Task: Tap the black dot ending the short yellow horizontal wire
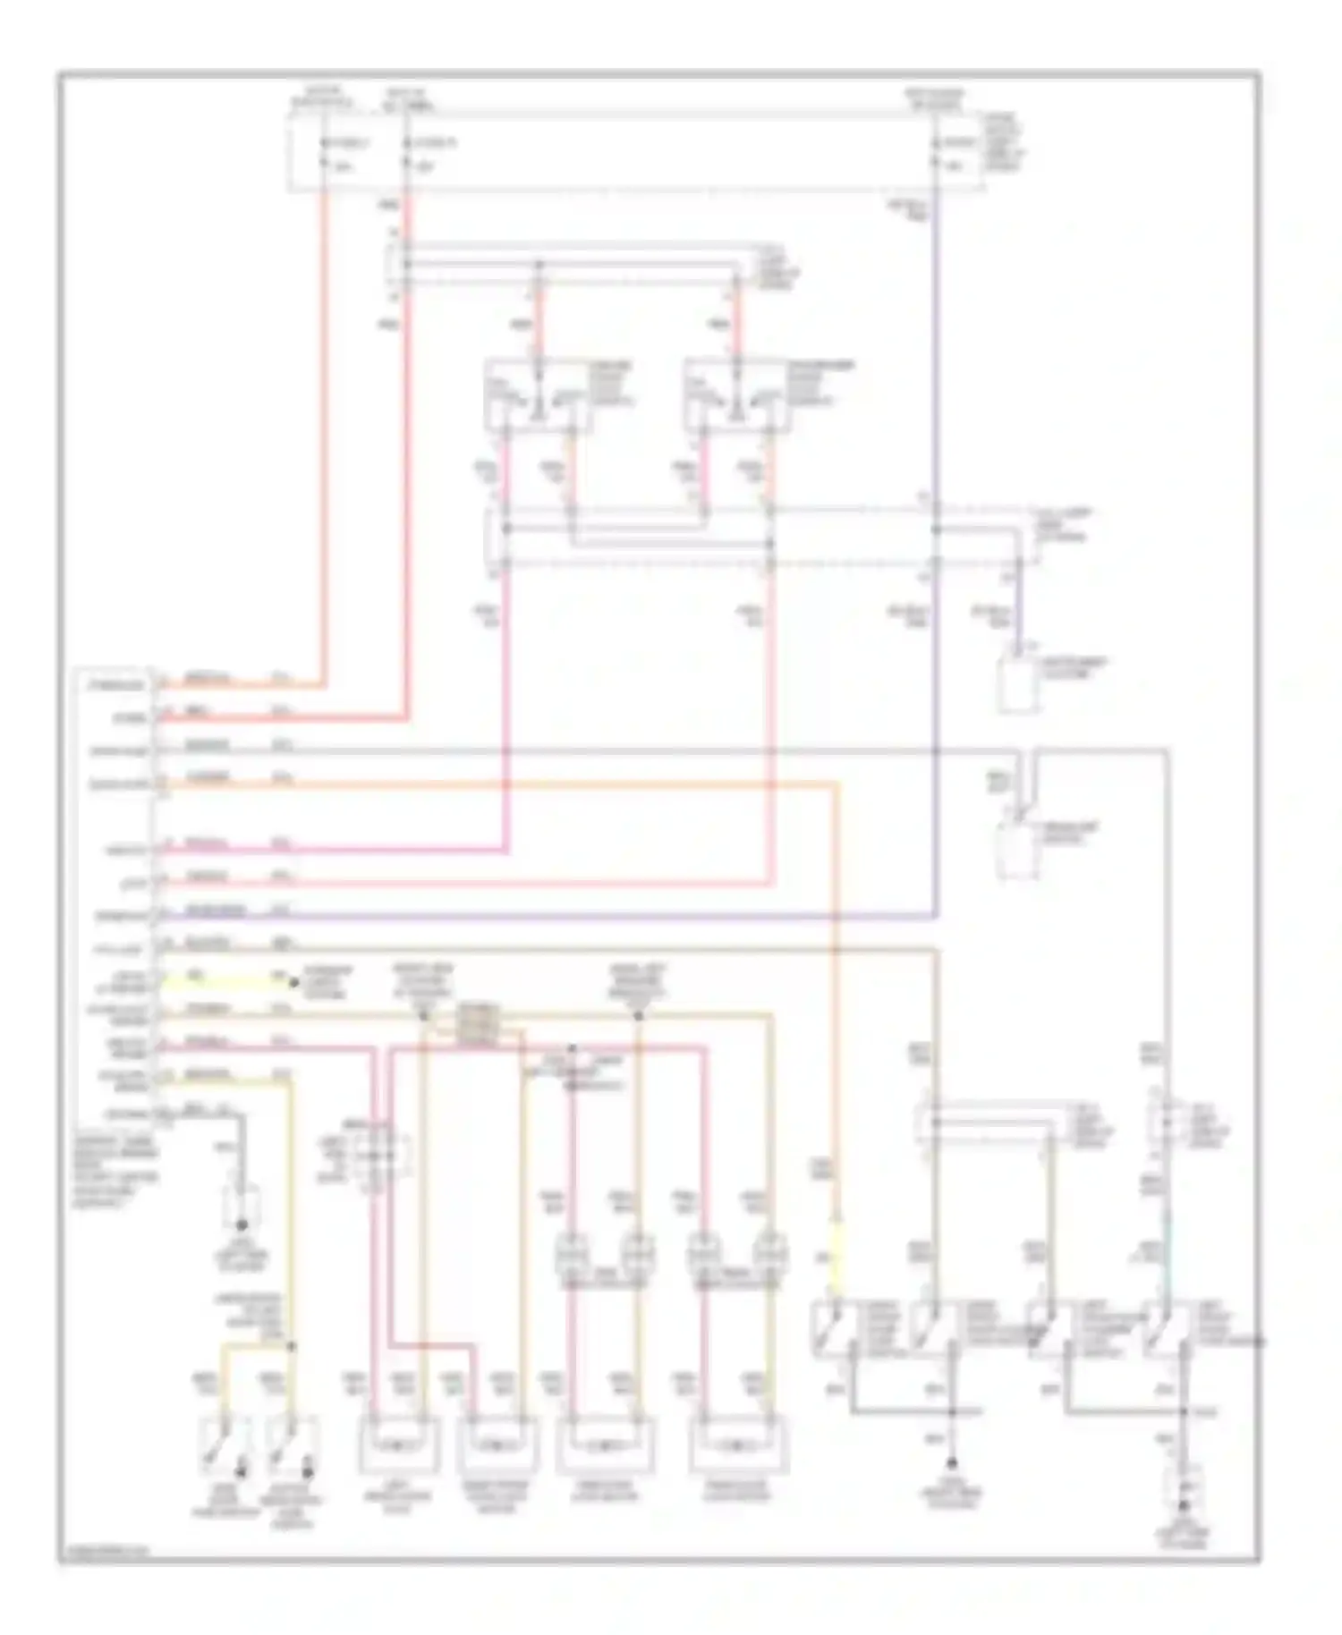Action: [x=294, y=983]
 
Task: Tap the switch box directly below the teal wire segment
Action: [x=1167, y=1329]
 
